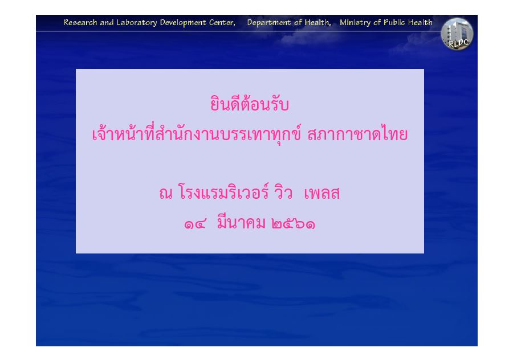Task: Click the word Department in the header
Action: (x=269, y=23)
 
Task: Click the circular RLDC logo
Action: (x=457, y=34)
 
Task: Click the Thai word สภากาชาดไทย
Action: (x=357, y=134)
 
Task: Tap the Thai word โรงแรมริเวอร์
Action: (x=224, y=192)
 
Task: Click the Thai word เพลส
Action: (x=322, y=193)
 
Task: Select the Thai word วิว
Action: (x=283, y=192)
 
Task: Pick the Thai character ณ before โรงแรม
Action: (x=166, y=193)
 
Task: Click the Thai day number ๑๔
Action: (x=195, y=224)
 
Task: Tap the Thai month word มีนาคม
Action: (x=241, y=222)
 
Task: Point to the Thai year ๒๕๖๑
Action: (x=293, y=224)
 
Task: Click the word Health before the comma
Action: (x=317, y=23)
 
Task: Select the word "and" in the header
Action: (x=107, y=23)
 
